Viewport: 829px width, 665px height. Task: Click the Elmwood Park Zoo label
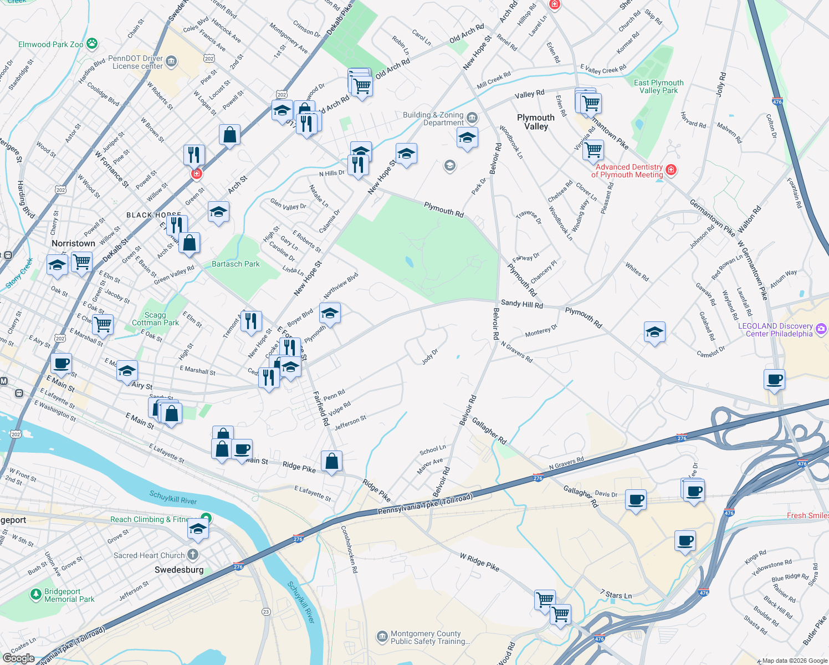pos(51,44)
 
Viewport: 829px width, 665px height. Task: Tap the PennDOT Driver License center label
pos(136,62)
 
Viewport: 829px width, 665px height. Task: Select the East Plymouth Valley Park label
pos(658,86)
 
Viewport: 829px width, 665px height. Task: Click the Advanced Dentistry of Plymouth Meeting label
pos(629,171)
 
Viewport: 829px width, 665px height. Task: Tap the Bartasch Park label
pos(236,264)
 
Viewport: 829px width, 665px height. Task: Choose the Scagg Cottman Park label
pos(155,319)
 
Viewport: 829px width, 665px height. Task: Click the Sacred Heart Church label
pos(149,555)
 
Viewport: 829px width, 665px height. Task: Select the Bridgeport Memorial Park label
pos(69,595)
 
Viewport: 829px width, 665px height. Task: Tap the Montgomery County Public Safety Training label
pos(430,637)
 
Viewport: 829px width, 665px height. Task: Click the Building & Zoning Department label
pos(433,119)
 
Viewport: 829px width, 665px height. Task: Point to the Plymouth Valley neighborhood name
pos(535,122)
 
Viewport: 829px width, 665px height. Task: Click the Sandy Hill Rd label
pos(521,304)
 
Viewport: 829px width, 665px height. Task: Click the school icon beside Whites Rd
pos(654,332)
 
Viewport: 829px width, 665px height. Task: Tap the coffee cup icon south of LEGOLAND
pos(774,380)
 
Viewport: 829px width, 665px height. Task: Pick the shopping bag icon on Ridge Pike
pos(331,461)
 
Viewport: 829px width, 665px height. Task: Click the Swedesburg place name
pos(179,570)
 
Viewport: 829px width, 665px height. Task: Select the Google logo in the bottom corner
pos(18,658)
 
